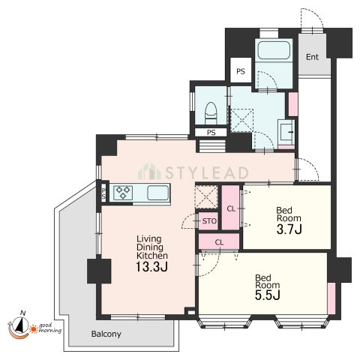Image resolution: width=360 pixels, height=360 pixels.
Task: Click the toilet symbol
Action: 210,113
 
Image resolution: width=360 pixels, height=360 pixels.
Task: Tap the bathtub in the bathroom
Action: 274,50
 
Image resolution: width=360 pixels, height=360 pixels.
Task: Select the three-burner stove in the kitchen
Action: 123,193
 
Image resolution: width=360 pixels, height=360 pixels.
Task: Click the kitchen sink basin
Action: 157,193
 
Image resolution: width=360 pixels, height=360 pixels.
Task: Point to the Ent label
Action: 312,57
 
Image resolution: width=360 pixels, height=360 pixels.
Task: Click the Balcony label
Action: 106,334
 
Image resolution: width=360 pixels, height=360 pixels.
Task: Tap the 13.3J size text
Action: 151,267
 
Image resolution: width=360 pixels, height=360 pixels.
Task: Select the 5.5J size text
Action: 267,295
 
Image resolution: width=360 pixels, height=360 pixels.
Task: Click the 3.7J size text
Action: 289,229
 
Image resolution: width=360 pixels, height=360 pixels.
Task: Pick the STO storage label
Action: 209,221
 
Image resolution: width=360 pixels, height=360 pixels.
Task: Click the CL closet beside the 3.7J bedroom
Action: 231,208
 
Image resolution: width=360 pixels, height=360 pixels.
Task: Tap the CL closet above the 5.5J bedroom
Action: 219,242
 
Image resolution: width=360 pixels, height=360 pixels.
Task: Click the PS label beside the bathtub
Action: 241,71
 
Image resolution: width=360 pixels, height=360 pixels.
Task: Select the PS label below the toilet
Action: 211,133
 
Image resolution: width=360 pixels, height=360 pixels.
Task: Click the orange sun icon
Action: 33,329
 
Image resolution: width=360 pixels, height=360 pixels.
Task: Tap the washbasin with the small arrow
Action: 286,131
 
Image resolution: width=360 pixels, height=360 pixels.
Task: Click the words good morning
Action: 50,328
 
